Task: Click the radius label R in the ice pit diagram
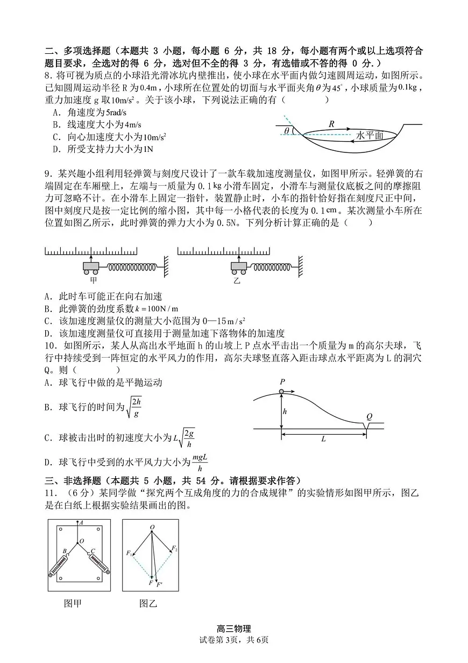coord(331,123)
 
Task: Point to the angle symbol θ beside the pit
coord(287,130)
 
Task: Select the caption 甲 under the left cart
coord(93,280)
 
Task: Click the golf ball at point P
coord(281,391)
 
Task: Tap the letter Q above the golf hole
coord(369,416)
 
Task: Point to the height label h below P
coord(285,411)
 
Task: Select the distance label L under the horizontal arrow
coord(324,439)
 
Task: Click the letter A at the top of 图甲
coord(81,522)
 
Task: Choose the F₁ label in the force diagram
coord(129,553)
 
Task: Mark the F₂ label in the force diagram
coord(174,548)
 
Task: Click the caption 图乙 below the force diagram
coord(148,603)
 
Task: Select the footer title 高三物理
coord(233,629)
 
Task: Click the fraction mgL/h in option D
coord(199,462)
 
